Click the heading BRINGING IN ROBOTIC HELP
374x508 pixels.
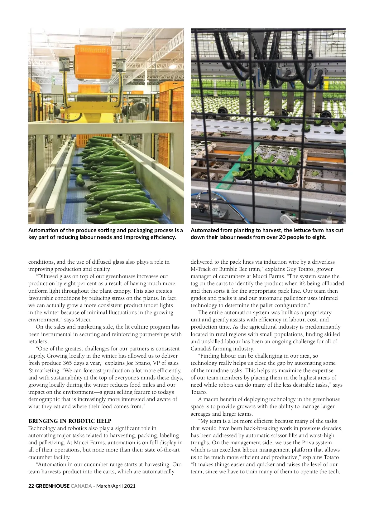pos(70,421)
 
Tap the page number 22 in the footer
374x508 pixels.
pos(31,486)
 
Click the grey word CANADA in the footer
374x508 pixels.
pos(81,486)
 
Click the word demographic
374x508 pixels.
pos(42,399)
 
